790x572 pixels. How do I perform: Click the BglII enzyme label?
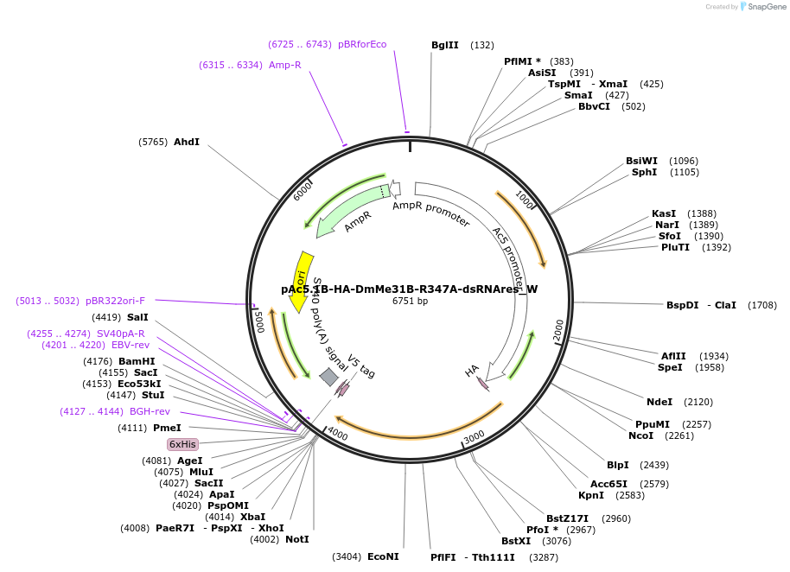pyautogui.click(x=444, y=45)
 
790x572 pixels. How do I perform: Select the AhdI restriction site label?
pyautogui.click(x=187, y=142)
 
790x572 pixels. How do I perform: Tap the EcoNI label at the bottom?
pyautogui.click(x=383, y=556)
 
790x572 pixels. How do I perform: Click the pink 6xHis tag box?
pyautogui.click(x=182, y=444)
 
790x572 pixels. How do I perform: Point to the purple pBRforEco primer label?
pyautogui.click(x=362, y=44)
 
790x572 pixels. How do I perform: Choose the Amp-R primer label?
pyautogui.click(x=284, y=65)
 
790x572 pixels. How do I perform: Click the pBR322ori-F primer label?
pyautogui.click(x=115, y=301)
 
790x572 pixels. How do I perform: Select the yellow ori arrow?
pyautogui.click(x=301, y=280)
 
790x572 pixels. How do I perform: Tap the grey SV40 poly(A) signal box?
pyautogui.click(x=329, y=377)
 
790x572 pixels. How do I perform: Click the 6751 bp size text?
pyautogui.click(x=410, y=302)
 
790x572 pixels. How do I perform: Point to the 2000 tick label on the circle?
pyautogui.click(x=557, y=329)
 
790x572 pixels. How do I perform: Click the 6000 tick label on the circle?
pyautogui.click(x=303, y=190)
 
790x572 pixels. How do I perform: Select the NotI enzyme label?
pyautogui.click(x=296, y=539)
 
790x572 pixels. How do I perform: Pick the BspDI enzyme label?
pyautogui.click(x=681, y=305)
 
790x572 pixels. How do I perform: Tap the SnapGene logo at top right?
pyautogui.click(x=760, y=6)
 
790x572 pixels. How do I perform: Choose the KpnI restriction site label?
pyautogui.click(x=591, y=495)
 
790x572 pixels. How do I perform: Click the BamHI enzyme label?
pyautogui.click(x=137, y=361)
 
